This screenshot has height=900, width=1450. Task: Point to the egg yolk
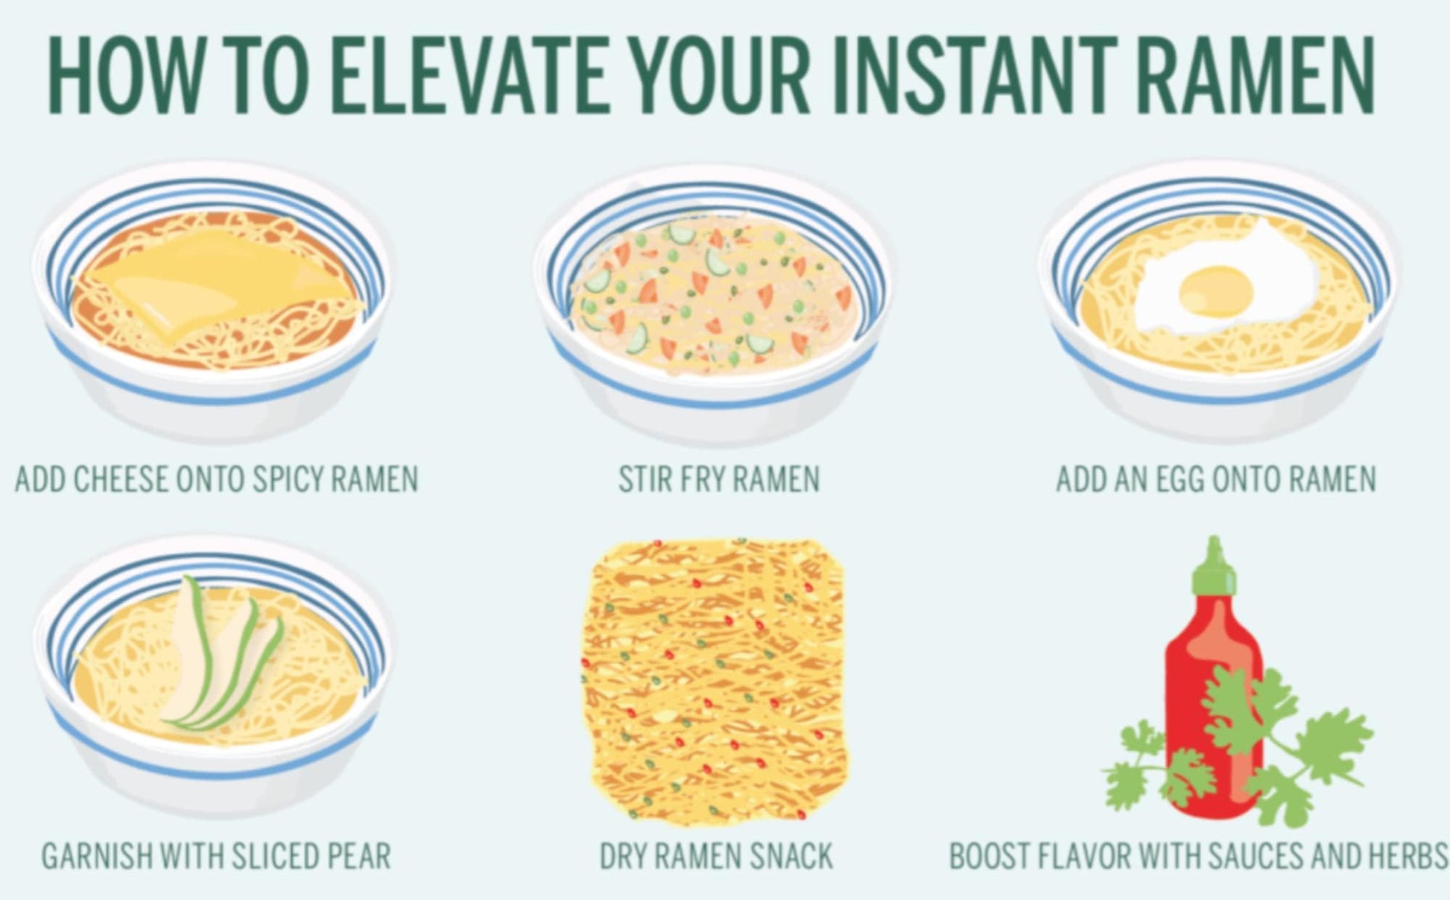click(1215, 289)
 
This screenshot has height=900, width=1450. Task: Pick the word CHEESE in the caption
click(120, 479)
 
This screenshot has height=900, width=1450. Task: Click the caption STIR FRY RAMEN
click(719, 479)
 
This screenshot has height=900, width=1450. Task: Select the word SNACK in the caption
click(791, 856)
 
